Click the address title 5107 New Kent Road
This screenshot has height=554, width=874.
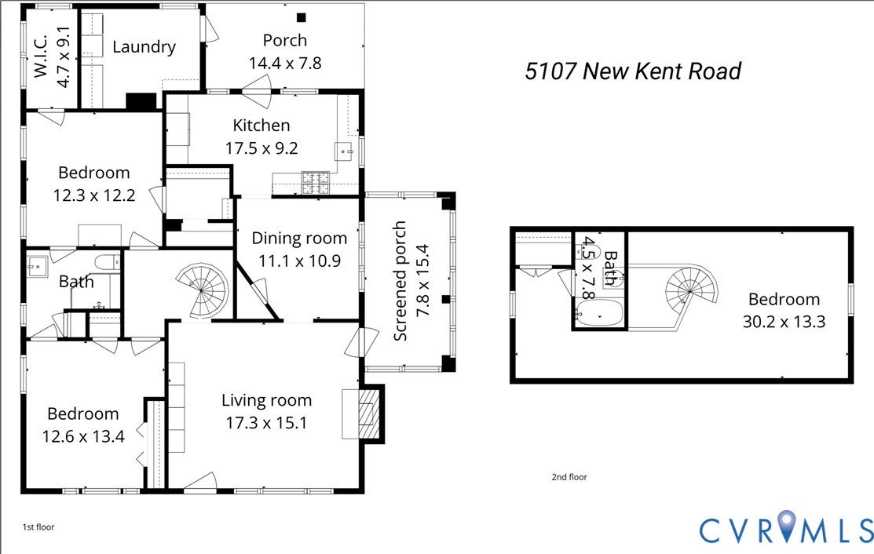click(633, 71)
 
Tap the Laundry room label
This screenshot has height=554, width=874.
click(144, 47)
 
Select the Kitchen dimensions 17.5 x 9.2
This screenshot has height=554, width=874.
click(261, 148)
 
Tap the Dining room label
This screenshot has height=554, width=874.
click(298, 239)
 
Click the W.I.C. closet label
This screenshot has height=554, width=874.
click(42, 59)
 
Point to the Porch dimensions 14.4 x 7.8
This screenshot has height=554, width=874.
click(284, 63)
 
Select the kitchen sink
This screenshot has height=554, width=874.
click(344, 150)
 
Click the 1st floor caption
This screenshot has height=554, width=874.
click(38, 527)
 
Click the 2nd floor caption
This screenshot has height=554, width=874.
click(569, 477)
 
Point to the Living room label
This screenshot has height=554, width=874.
click(266, 401)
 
